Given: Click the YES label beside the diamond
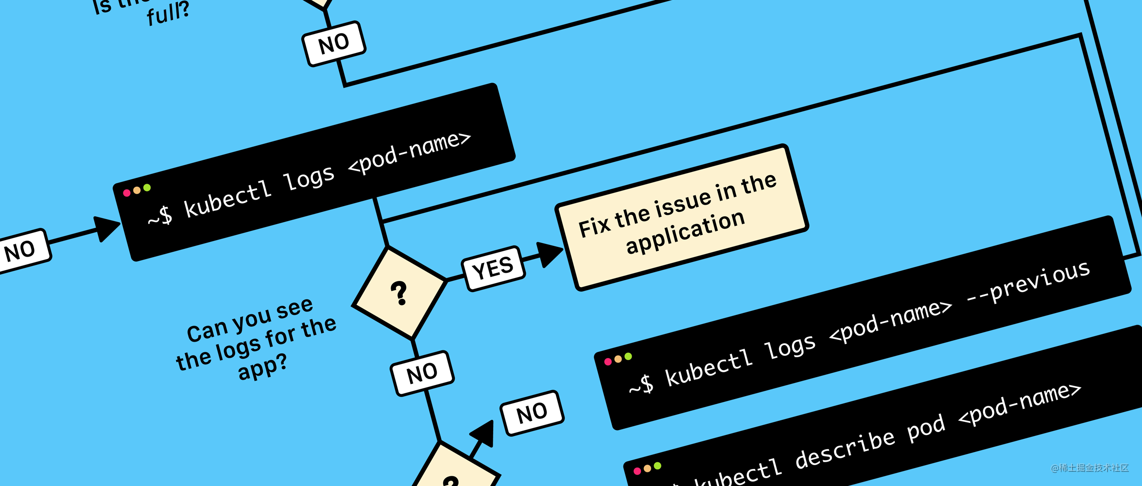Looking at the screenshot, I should pos(493,268).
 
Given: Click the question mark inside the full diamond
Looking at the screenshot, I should pos(399,293).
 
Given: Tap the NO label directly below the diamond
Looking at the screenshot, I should pos(422,373).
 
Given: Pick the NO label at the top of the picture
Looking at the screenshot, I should pos(334,43).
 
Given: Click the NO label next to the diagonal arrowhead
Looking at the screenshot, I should pos(532,413).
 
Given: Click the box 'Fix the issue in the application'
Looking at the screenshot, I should pos(681,217).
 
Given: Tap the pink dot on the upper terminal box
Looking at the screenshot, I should pos(127,193).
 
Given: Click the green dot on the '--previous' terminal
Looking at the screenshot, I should pos(628,356).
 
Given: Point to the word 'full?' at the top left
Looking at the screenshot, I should pos(168,14).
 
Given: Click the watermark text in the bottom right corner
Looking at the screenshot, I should pos(1090,468).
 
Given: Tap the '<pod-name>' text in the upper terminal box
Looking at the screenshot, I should pos(410,152).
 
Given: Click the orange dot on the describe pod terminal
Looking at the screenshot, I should pos(647,469).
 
